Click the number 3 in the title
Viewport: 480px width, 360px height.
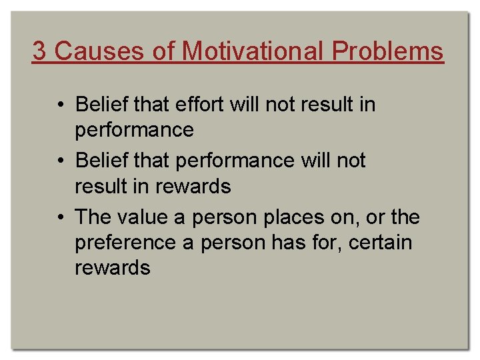coord(39,51)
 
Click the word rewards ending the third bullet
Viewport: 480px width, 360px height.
coord(113,268)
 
